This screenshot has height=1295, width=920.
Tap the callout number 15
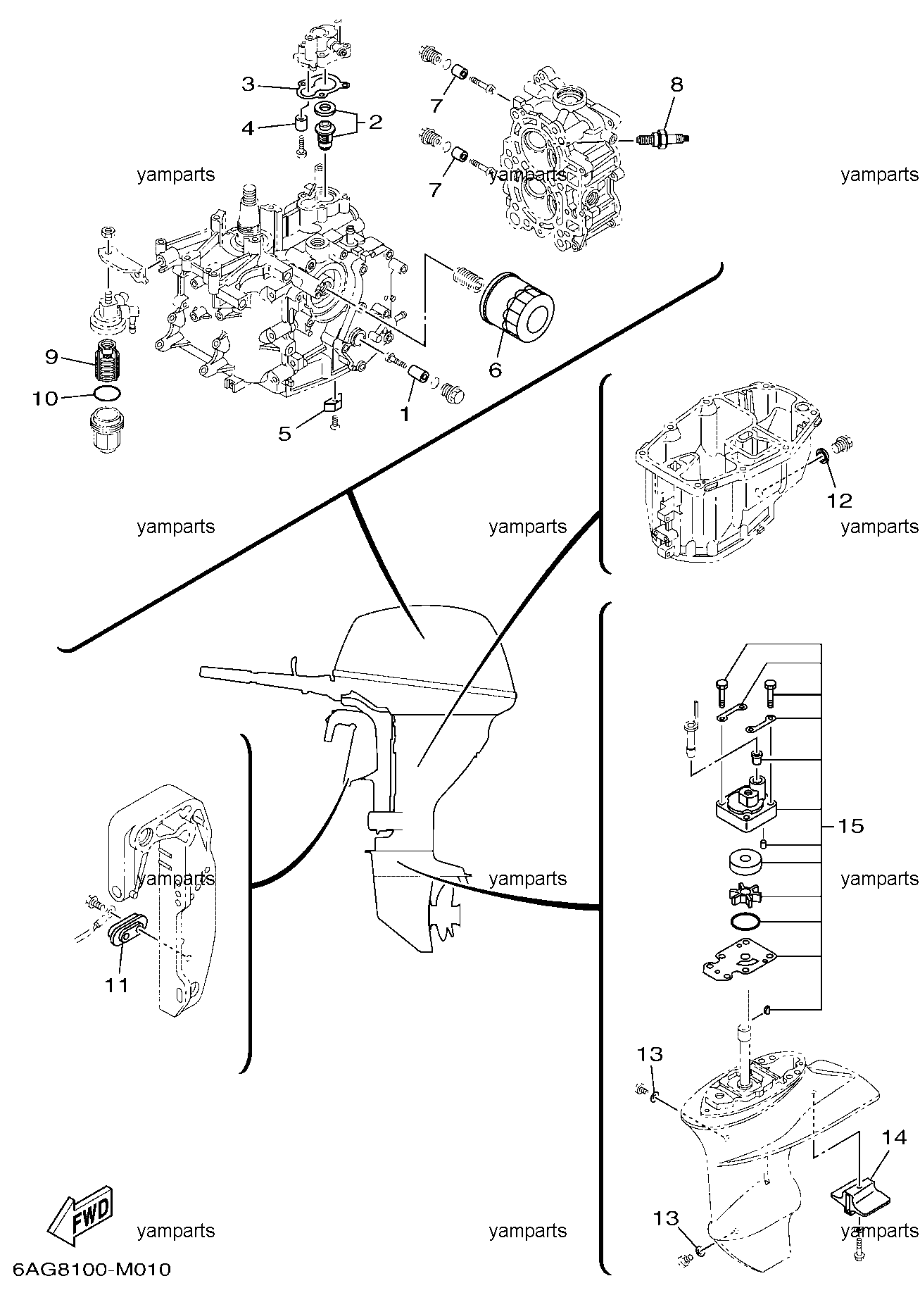pos(850,825)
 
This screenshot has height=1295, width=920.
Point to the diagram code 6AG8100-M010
pos(87,1270)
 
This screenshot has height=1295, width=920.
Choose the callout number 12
pos(840,501)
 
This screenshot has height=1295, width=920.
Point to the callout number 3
pos(248,85)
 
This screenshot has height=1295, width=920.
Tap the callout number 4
pos(248,128)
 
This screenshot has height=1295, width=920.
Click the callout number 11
pos(117,985)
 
